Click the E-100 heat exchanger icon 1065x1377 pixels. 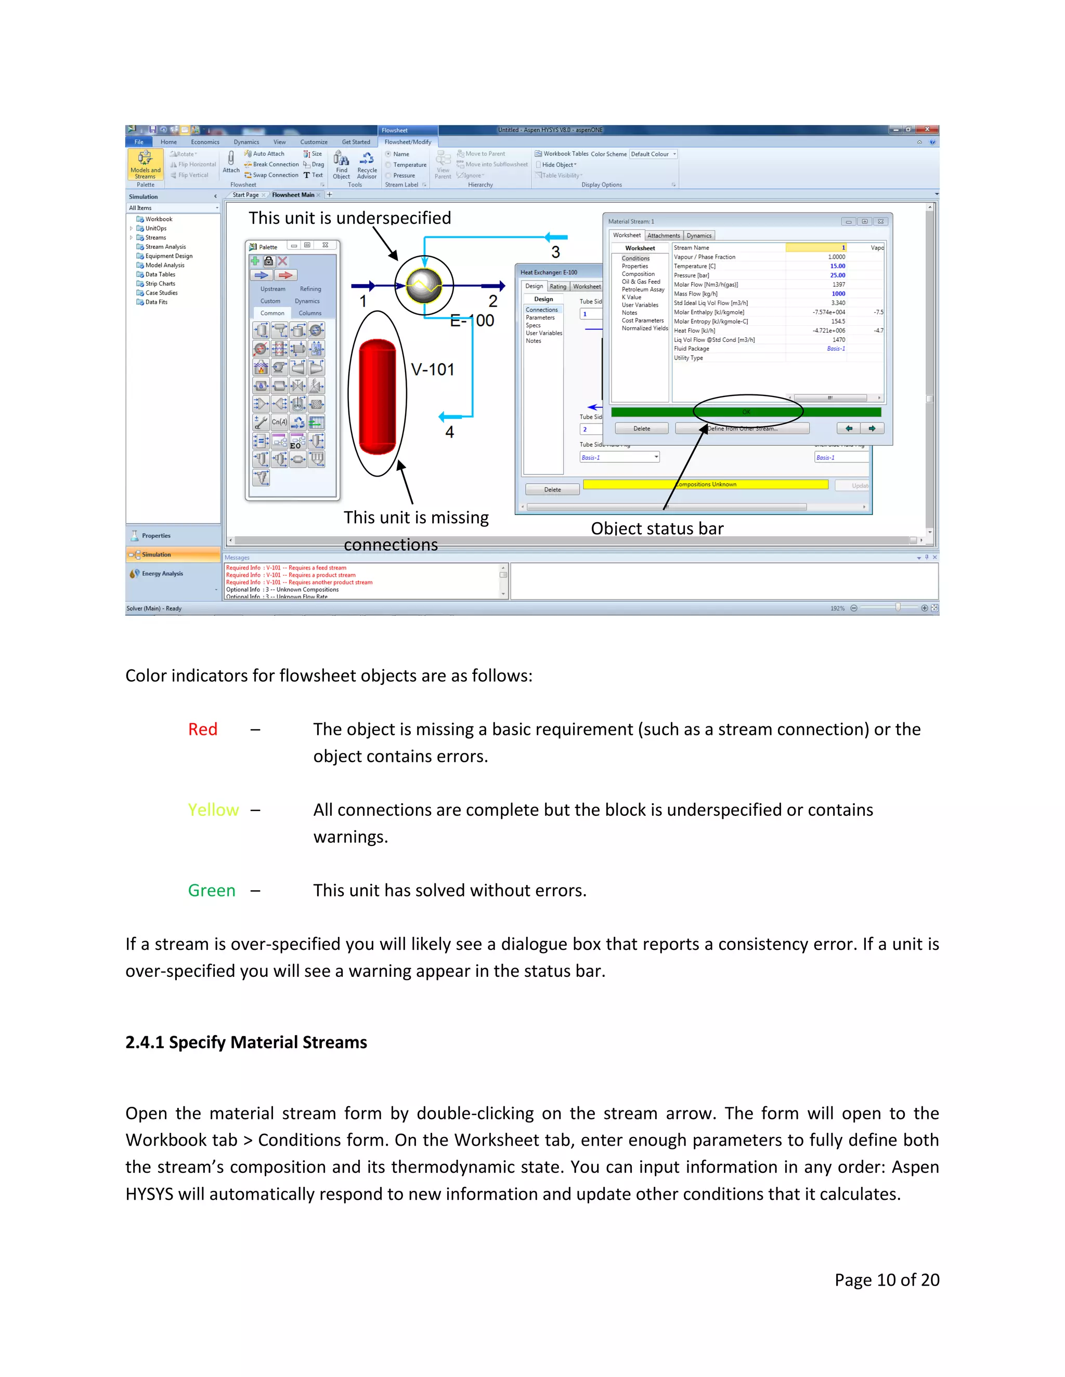click(423, 286)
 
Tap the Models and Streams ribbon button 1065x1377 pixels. click(145, 165)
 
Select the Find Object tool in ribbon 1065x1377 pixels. click(341, 165)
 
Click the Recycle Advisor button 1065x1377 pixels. click(367, 165)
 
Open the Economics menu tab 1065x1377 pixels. click(205, 142)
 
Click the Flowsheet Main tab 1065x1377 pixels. click(293, 195)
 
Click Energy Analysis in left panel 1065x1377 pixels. click(162, 574)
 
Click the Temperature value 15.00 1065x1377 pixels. click(837, 266)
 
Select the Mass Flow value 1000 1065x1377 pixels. click(838, 294)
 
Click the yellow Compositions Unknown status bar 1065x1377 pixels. click(705, 484)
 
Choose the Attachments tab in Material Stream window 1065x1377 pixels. click(663, 236)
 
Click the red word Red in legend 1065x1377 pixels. click(202, 730)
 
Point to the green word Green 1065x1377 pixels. click(211, 891)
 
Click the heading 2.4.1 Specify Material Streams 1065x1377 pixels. click(246, 1042)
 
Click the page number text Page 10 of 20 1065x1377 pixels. click(887, 1279)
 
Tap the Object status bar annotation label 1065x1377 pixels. click(657, 528)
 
